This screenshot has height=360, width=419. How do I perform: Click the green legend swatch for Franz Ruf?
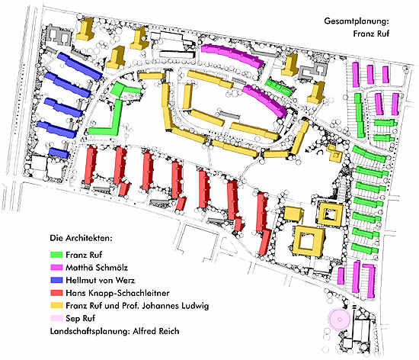[56, 255]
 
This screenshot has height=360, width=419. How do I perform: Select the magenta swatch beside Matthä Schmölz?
[56, 267]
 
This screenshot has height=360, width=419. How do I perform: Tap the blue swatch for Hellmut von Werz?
[56, 280]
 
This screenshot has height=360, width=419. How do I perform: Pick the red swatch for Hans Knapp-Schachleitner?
[56, 293]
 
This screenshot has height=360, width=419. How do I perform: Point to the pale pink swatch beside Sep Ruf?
[56, 318]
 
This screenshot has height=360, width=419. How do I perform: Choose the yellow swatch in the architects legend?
[56, 305]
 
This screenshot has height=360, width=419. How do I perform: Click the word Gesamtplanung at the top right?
[356, 21]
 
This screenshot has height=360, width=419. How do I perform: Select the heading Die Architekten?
[81, 238]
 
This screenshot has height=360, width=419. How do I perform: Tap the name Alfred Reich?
[155, 331]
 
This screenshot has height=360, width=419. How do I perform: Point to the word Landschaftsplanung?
[90, 331]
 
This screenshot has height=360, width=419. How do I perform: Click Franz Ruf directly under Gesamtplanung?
[371, 34]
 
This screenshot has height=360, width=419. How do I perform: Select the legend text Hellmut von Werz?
[101, 281]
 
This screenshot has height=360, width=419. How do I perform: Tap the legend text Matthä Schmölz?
[97, 268]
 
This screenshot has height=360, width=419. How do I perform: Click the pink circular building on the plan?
[340, 319]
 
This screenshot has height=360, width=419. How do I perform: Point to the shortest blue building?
[59, 153]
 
